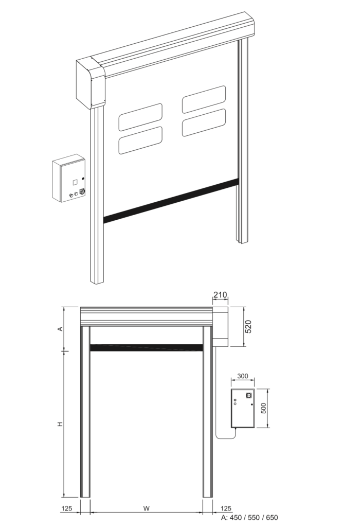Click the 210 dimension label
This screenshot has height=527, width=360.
coord(220,295)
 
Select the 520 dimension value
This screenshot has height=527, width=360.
coord(248,327)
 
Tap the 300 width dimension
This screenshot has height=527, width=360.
coord(242,376)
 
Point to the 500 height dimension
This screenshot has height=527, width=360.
coord(264,408)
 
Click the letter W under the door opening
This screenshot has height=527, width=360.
coord(146,508)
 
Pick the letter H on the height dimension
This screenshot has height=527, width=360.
coord(60,424)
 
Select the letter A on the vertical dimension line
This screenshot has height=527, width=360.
coord(61,328)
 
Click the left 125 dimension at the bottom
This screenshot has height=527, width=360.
coord(66,508)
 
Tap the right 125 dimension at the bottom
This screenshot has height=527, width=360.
coord(226,508)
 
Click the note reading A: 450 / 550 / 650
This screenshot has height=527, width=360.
coord(249,518)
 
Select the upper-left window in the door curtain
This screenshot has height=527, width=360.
coord(140,117)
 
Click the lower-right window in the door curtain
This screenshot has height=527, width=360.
coord(204,122)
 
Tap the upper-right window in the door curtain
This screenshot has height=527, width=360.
coord(204,99)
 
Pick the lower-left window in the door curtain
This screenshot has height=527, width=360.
coord(140,140)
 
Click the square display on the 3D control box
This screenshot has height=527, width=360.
coord(75,182)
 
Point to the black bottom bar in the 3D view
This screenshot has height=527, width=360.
coord(171,201)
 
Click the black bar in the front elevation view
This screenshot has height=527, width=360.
coord(147,348)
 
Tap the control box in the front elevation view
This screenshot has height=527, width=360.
coord(242,409)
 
